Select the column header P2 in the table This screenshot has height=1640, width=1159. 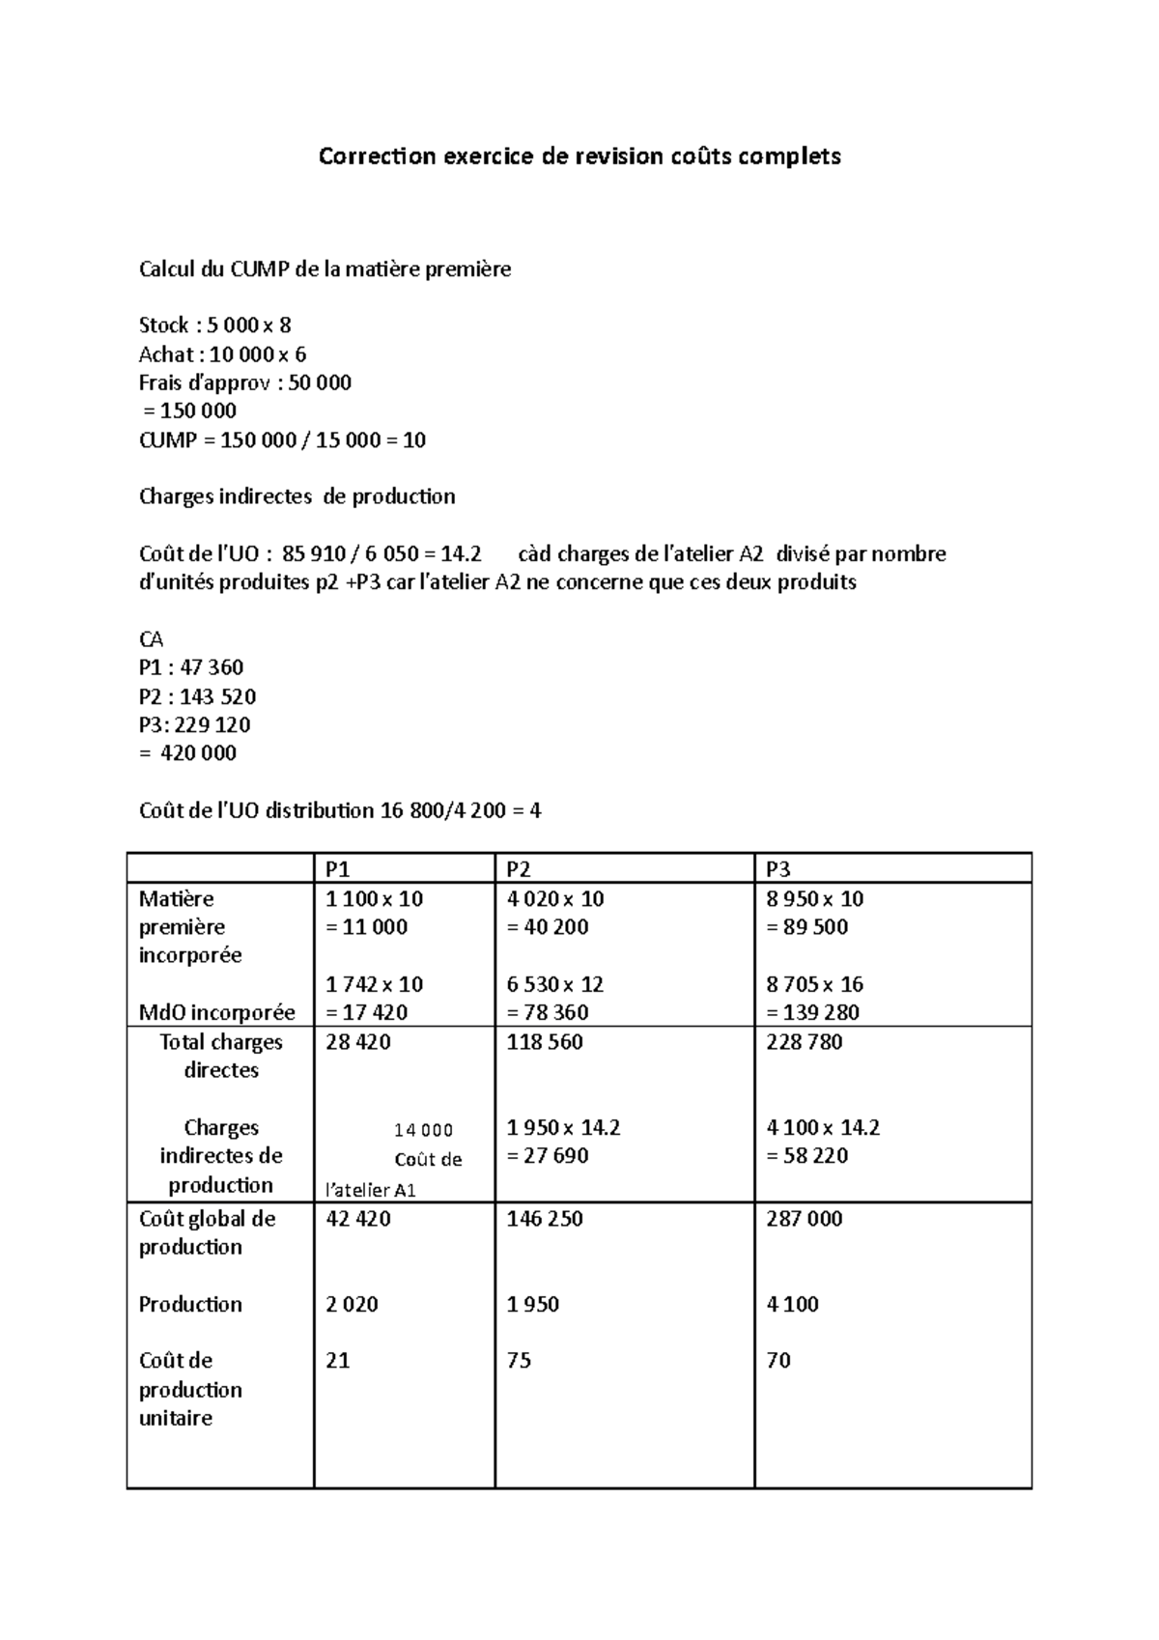519,868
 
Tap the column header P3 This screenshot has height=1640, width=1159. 777,868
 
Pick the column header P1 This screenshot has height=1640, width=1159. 338,868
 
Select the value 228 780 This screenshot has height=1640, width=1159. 804,1042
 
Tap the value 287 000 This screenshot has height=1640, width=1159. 804,1219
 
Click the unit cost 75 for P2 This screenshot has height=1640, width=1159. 519,1361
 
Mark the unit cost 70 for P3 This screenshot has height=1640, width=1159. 777,1361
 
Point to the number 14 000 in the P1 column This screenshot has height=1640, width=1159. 423,1131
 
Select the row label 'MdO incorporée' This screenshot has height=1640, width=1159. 217,1013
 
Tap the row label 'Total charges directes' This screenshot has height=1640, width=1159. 221,1056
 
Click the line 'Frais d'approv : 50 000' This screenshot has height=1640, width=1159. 245,382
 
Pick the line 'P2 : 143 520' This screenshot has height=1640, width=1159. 198,696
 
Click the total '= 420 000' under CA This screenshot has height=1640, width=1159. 188,753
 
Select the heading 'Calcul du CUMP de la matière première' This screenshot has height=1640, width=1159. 325,269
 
